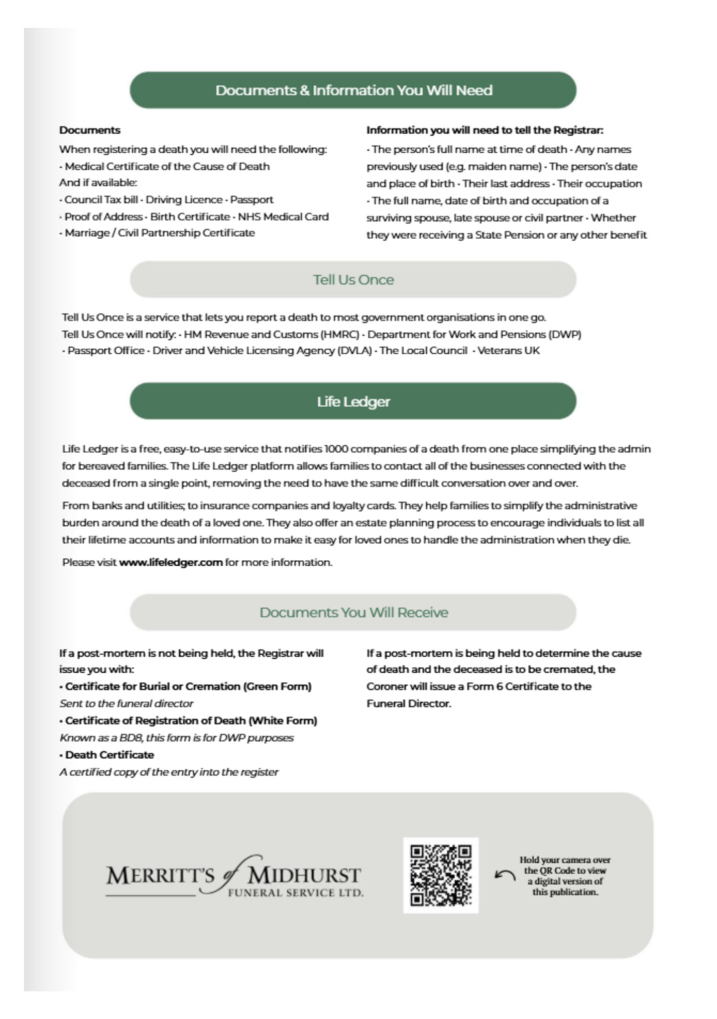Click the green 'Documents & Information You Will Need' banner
353,90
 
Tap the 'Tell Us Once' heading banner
353,279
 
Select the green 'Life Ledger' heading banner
353,401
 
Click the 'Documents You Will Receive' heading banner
353,613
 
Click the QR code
440,875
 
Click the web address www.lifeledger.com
171,562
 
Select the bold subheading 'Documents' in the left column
90,130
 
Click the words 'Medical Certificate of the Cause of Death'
167,166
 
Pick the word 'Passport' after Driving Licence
252,199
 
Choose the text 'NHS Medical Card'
283,217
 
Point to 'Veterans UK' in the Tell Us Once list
508,351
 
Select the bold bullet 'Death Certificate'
109,755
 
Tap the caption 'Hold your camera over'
565,860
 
